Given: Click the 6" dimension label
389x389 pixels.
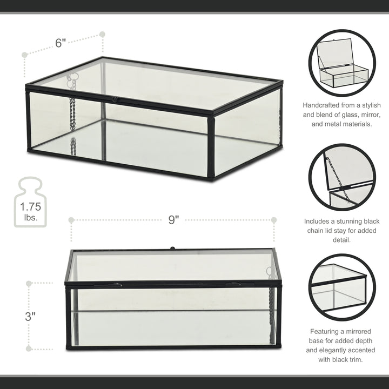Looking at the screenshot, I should tap(61, 43).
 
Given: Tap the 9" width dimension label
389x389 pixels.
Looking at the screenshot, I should tap(173, 220).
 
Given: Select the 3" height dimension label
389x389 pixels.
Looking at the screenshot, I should tap(30, 316).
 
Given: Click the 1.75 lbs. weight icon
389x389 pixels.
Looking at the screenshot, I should tap(30, 203).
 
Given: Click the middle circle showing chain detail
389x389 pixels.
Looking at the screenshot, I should tap(342, 177).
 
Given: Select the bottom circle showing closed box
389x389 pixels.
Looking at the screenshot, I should tap(342, 287).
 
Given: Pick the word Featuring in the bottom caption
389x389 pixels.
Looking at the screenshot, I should tap(326, 331).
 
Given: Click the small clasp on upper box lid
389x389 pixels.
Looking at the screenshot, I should tap(115, 99).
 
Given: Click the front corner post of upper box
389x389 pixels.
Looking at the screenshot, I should tap(211, 146).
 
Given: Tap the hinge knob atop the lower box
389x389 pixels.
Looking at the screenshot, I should tap(173, 249).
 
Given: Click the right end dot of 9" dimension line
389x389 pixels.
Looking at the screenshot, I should tap(274, 220).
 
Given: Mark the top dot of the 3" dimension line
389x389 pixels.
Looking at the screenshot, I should tap(29, 283).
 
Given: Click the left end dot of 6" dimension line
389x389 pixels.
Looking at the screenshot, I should tap(24, 55).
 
